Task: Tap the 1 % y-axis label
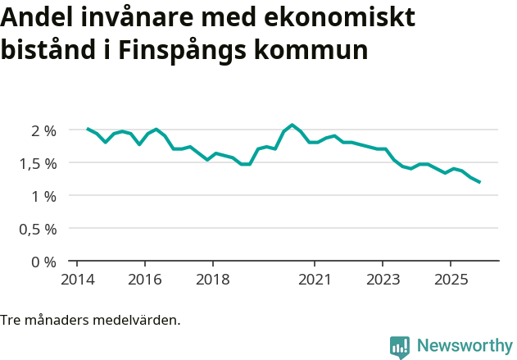pos(43,196)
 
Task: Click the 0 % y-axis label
pos(43,262)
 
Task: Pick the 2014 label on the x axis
pos(76,278)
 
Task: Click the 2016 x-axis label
pos(145,278)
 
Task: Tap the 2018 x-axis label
pos(213,278)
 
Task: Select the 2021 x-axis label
pos(315,278)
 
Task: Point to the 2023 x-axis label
pos(383,278)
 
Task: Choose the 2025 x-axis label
pos(451,278)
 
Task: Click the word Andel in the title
pos(35,17)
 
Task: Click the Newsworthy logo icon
pos(400,347)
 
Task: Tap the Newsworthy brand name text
pos(464,346)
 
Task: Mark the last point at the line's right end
pos(479,182)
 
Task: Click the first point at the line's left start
pos(88,129)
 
